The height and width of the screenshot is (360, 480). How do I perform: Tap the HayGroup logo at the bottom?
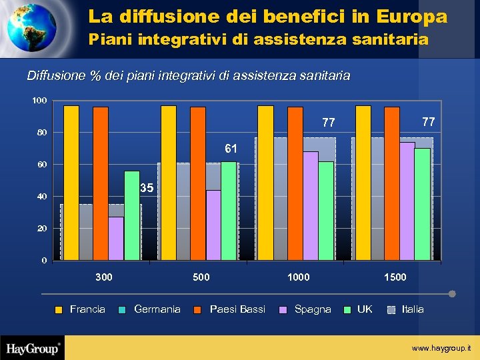coord(33,347)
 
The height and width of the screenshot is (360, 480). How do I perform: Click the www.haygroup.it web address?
coord(441,348)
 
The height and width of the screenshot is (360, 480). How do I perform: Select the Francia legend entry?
coord(87,309)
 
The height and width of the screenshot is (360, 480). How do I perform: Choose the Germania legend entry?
coord(157,309)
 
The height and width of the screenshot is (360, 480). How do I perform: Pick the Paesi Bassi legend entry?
coord(237,309)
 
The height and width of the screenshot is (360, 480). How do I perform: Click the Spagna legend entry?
coord(312,309)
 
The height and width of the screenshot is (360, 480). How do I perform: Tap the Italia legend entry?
coord(413,309)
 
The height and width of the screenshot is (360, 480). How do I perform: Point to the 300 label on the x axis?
coord(103,277)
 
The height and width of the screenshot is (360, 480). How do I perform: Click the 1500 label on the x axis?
coord(395,277)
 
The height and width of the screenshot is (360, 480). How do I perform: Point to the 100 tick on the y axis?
coord(39,101)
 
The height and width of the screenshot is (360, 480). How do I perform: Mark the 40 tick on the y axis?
coord(41,197)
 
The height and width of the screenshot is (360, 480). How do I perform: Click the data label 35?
coord(147,189)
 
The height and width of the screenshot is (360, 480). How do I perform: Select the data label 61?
coord(230,147)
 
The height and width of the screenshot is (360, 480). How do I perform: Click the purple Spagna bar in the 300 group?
coord(116,238)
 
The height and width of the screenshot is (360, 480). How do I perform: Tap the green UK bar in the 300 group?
coord(132,215)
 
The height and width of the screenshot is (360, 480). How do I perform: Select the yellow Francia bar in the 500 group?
coord(169,183)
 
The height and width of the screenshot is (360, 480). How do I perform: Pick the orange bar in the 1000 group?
coord(295,183)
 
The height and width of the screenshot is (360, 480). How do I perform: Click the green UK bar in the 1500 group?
coord(422,204)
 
